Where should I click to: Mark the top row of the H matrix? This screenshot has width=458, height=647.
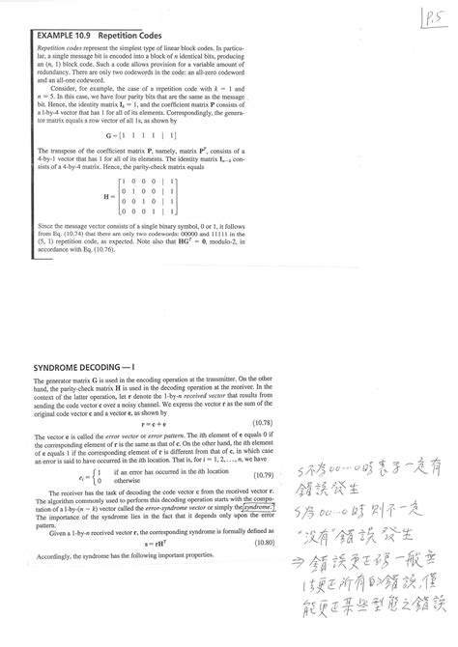pos(149,181)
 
